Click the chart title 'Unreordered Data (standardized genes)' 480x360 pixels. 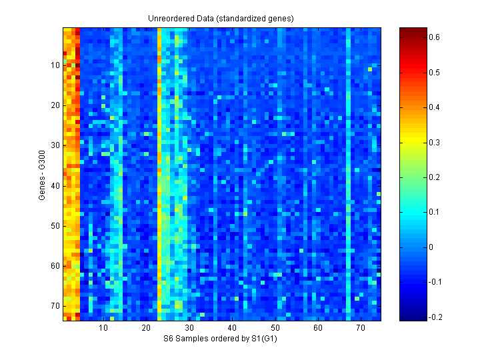coord(221,18)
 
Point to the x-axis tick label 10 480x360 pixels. coord(103,329)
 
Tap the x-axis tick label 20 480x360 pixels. coord(146,329)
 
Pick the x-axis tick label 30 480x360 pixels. coord(189,329)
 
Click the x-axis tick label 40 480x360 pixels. coord(232,329)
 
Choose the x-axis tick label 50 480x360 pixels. coord(275,329)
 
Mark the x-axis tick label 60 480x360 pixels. coord(317,329)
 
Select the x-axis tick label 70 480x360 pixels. coord(360,329)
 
